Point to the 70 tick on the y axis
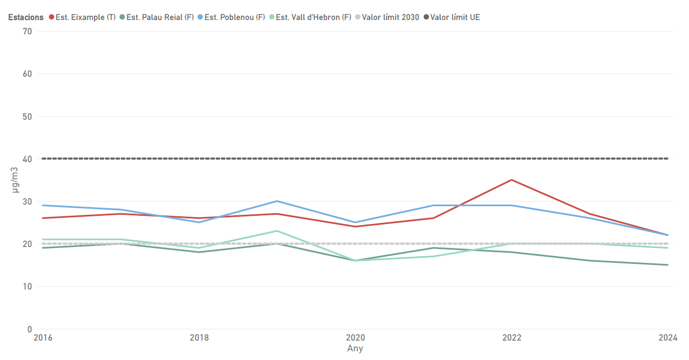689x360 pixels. pyautogui.click(x=27, y=31)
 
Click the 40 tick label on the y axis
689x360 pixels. pyautogui.click(x=27, y=159)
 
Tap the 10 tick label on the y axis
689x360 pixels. pyautogui.click(x=27, y=287)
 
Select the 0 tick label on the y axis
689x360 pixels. pyautogui.click(x=30, y=329)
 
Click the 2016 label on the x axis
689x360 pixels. pyautogui.click(x=42, y=338)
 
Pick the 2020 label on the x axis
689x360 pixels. pyautogui.click(x=355, y=338)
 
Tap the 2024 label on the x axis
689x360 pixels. pyautogui.click(x=668, y=338)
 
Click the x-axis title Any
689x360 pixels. pyautogui.click(x=355, y=349)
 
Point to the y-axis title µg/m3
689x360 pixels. pyautogui.click(x=15, y=180)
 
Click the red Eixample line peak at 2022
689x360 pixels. pyautogui.click(x=511, y=180)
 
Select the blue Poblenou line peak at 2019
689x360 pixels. pyautogui.click(x=277, y=201)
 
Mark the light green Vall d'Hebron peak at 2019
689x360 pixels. pyautogui.click(x=277, y=231)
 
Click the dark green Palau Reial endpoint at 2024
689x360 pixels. pyautogui.click(x=668, y=265)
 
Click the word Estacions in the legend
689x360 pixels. pyautogui.click(x=26, y=17)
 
